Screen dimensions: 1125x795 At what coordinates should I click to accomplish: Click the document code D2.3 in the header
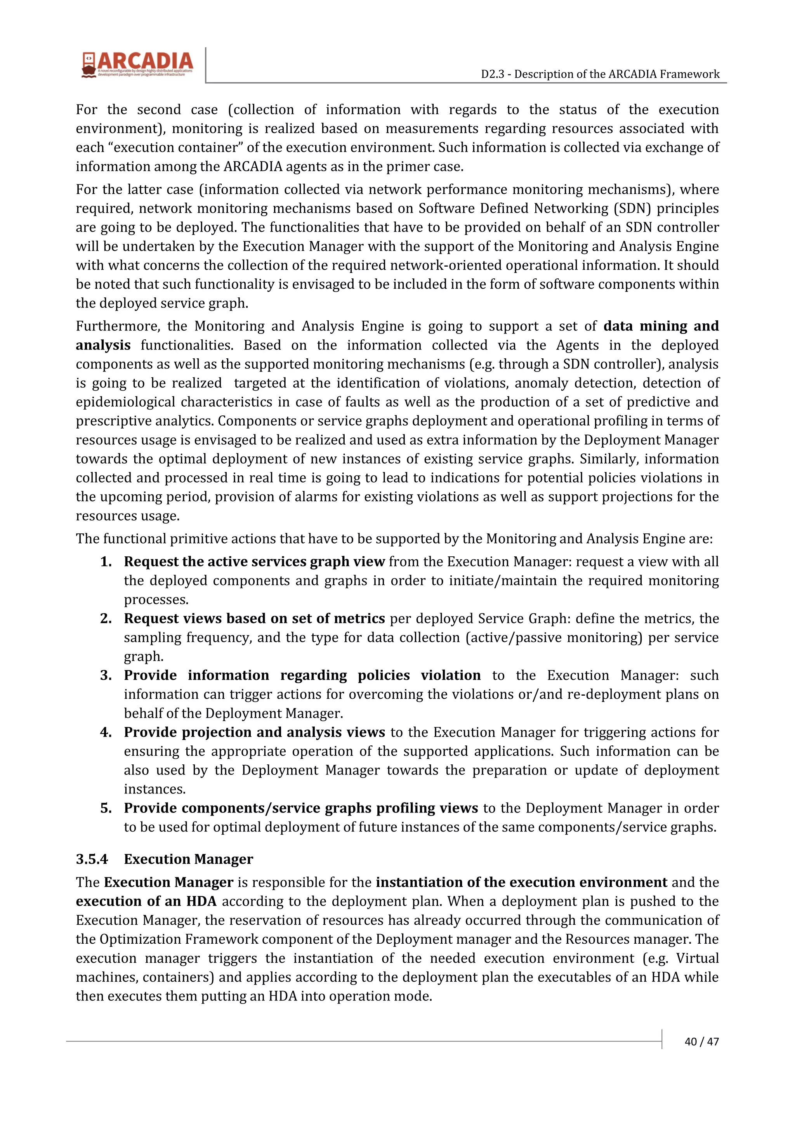491,74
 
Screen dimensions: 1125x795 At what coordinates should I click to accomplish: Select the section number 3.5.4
92,859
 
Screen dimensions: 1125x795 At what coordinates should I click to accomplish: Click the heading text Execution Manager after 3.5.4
188,859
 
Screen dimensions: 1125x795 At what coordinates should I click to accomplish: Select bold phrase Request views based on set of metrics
254,618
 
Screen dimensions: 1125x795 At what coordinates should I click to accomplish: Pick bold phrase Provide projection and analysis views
254,732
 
